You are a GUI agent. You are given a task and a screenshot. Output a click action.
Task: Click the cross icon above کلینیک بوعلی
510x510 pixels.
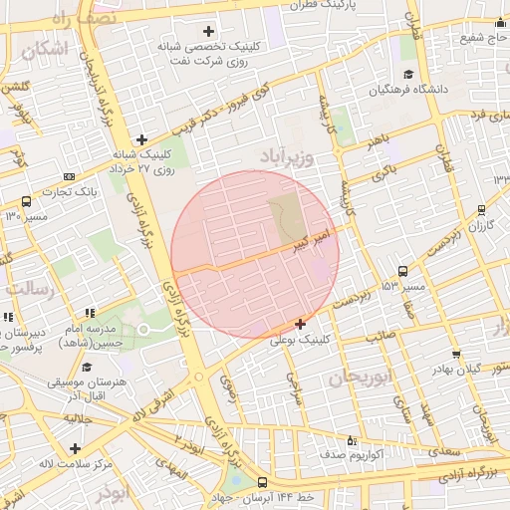coord(300,324)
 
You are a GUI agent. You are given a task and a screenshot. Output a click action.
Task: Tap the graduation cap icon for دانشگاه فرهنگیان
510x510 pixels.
coord(407,76)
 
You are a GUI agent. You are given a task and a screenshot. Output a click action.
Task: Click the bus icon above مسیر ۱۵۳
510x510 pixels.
coord(402,271)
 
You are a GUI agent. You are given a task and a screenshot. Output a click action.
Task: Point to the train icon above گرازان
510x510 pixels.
coord(482,210)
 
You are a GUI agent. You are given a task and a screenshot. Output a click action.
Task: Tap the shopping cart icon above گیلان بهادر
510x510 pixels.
coord(455,354)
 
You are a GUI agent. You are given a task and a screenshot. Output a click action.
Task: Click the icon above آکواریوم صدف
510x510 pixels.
coord(351,440)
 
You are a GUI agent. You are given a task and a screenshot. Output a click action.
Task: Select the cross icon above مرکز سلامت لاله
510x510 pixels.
coord(75,448)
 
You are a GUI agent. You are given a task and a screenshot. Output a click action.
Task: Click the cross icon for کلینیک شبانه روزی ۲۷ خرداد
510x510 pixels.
coord(141,139)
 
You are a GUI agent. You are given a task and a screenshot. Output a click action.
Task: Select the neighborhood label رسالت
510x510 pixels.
coord(28,288)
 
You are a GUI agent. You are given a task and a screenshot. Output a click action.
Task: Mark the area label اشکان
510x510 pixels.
coord(48,48)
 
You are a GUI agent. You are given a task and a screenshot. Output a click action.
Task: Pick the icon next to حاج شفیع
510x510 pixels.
coord(499,24)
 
